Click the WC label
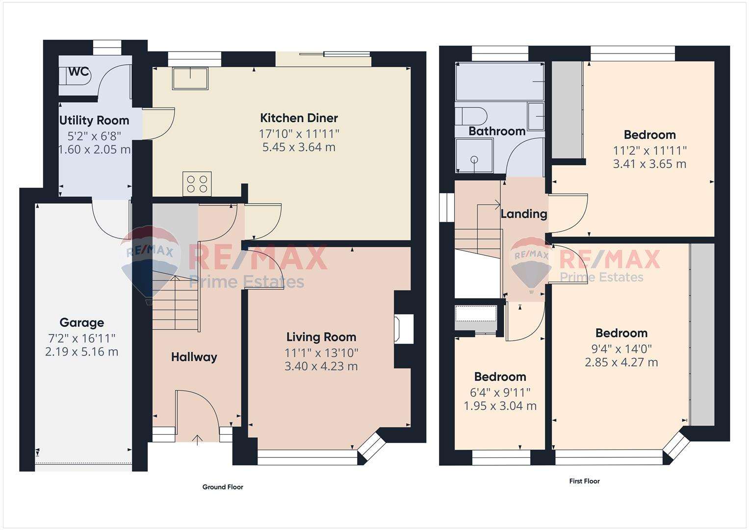tap(78, 72)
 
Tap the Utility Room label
tap(94, 120)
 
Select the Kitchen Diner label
tap(299, 118)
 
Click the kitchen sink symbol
tap(190, 78)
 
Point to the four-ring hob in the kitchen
tap(197, 184)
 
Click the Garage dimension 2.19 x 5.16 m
tap(81, 352)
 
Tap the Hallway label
tap(194, 357)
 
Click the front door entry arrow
tap(198, 439)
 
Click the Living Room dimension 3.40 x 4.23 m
tap(321, 366)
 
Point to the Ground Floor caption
tap(223, 487)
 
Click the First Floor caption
tap(584, 481)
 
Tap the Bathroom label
tap(496, 131)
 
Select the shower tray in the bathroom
tap(474, 156)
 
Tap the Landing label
tap(523, 214)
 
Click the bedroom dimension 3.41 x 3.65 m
tap(649, 164)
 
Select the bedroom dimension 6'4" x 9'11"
tap(500, 393)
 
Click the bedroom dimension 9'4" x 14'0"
tap(621, 349)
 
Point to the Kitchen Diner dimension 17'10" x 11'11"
tap(299, 133)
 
